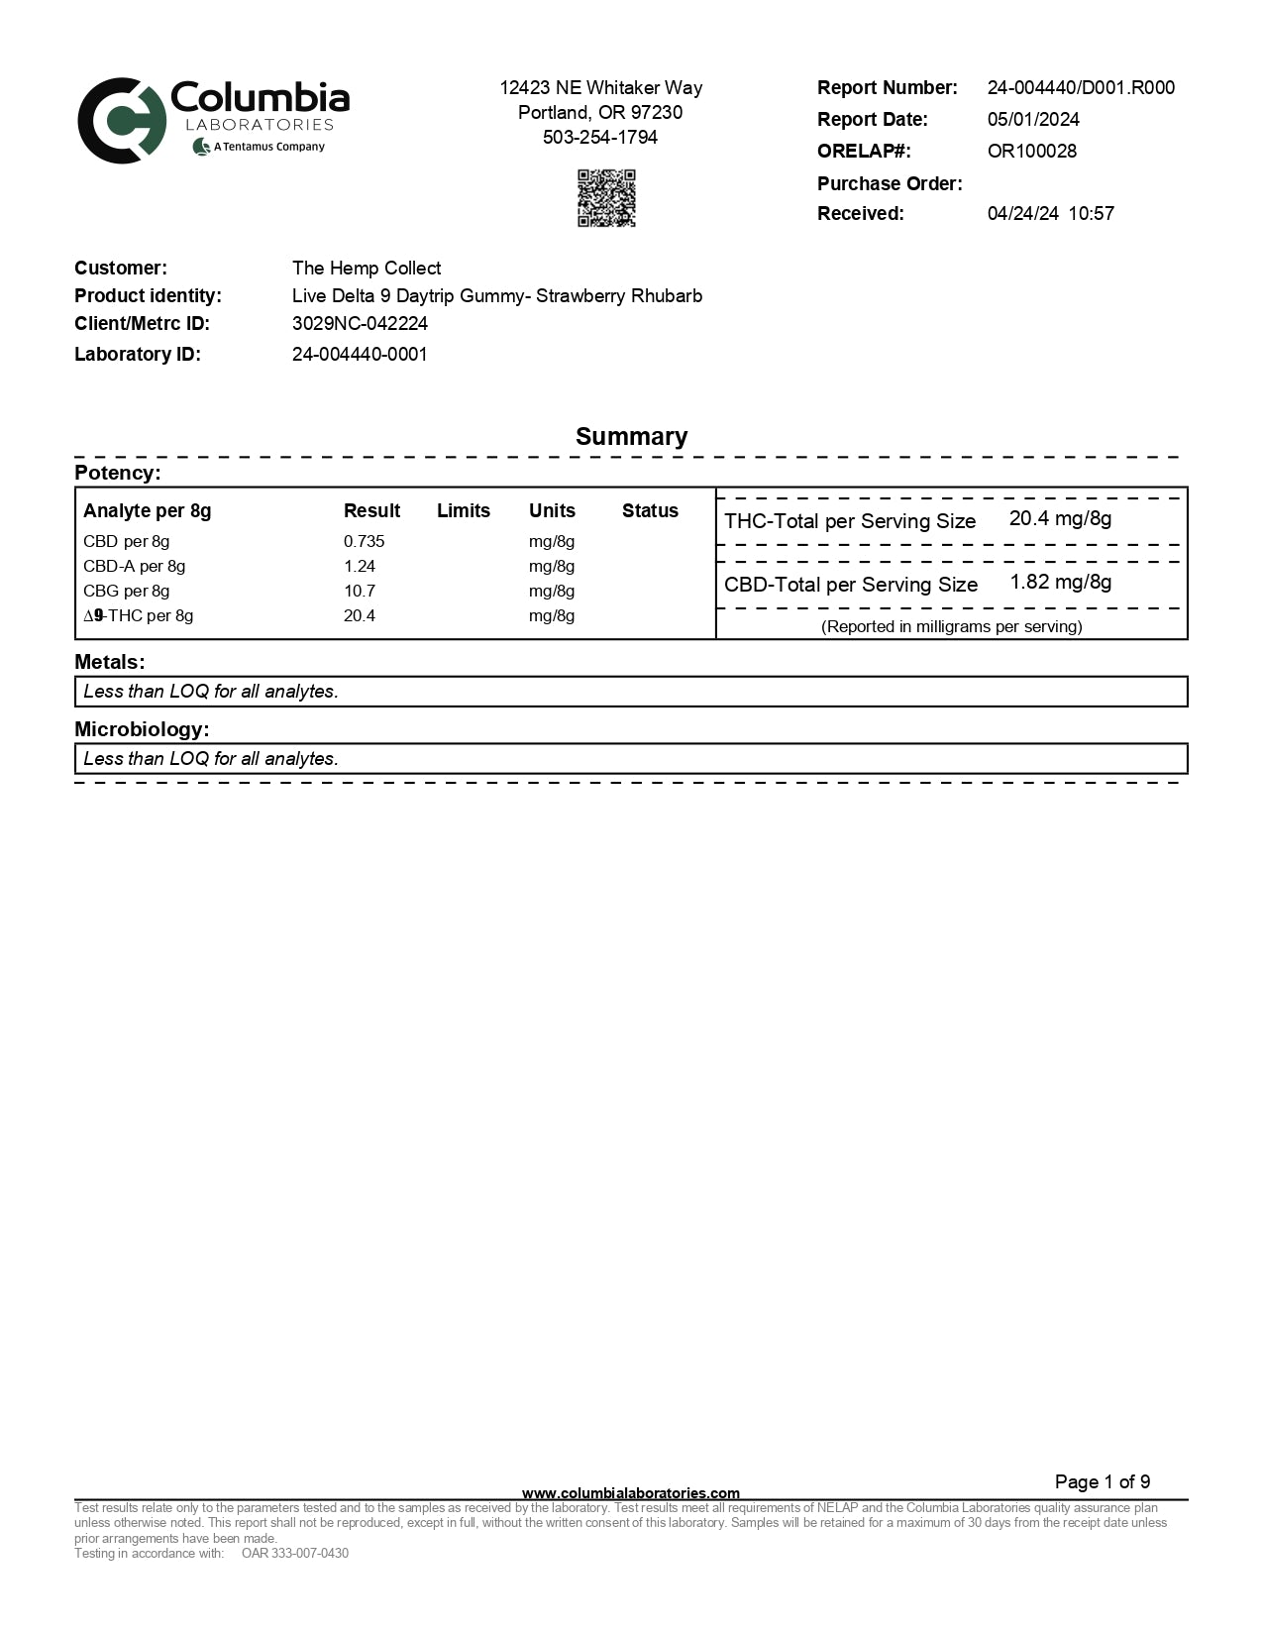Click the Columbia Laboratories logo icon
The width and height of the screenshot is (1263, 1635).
(122, 120)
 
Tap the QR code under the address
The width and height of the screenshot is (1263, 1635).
(606, 198)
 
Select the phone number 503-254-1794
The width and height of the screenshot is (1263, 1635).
(600, 138)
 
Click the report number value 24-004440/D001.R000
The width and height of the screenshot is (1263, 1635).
(1081, 88)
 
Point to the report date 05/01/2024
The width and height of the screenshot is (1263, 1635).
(1033, 120)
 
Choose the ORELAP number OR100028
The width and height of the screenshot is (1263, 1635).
(1031, 152)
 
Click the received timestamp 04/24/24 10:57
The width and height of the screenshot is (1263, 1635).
(1050, 214)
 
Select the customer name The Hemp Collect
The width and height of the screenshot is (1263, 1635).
(367, 269)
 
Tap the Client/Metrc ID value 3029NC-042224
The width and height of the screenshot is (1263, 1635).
(360, 324)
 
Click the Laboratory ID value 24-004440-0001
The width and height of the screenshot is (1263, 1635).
(360, 355)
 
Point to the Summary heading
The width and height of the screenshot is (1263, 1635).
(631, 437)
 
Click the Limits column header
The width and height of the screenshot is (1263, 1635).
(463, 511)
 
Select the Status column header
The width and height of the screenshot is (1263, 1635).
(650, 511)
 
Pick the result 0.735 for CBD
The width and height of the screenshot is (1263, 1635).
(364, 542)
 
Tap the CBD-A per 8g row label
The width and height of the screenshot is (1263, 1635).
(134, 567)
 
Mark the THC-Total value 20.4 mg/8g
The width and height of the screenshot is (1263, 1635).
(1060, 519)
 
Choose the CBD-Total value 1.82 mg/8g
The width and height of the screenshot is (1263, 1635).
(1060, 583)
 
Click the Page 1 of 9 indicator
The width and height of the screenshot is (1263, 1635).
(1102, 1482)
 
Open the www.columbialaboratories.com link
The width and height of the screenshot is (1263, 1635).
(630, 1493)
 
